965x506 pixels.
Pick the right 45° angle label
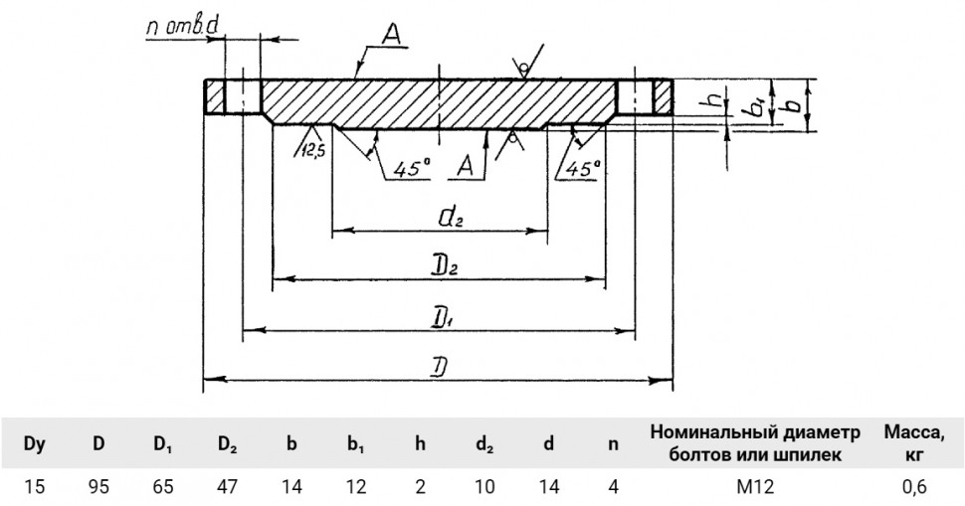point(582,168)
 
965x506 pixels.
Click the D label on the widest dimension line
point(438,368)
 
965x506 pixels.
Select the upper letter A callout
point(391,36)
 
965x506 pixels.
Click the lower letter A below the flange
point(466,166)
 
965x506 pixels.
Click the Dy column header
point(35,443)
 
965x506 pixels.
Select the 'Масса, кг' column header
point(914,443)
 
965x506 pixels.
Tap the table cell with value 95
point(98,487)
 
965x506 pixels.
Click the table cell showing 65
point(163,487)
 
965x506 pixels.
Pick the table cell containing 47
point(228,487)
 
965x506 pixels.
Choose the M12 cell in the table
point(755,487)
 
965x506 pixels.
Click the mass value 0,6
point(914,487)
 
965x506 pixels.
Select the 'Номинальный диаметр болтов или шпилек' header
point(755,443)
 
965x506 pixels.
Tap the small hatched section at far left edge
point(215,96)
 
